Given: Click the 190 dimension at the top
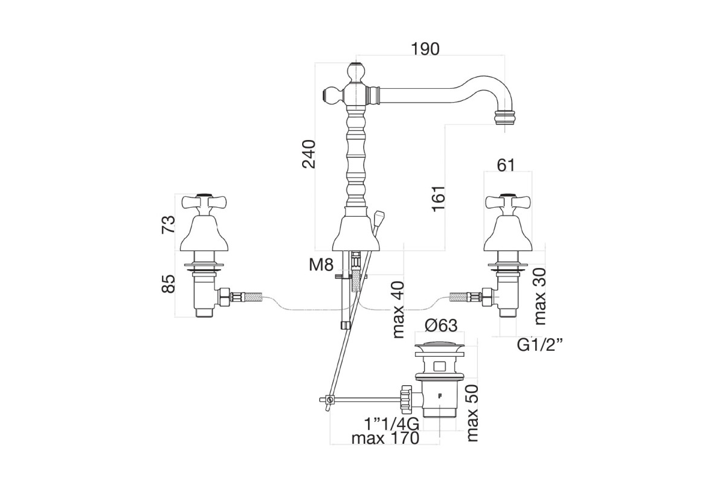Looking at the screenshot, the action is click(425, 49).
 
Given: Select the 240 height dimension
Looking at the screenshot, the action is click(309, 154).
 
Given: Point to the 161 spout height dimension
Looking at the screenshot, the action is click(439, 199).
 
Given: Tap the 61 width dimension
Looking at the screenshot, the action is click(506, 165).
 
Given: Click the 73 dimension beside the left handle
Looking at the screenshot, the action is click(169, 224).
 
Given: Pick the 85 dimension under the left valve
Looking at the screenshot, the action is click(169, 284).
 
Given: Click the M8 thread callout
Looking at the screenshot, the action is click(321, 265).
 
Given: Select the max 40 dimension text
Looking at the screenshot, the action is click(398, 310).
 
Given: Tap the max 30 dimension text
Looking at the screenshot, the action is click(540, 296).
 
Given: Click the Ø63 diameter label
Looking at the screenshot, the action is click(441, 325).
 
